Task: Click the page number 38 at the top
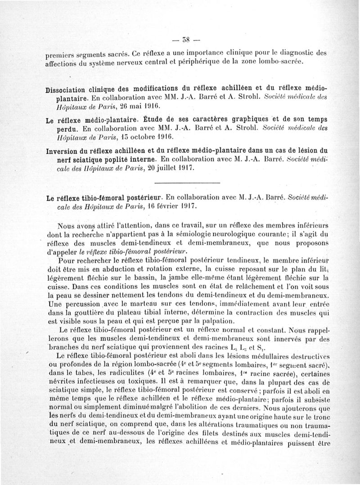[x=180, y=38]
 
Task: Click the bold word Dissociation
[x=70, y=89]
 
